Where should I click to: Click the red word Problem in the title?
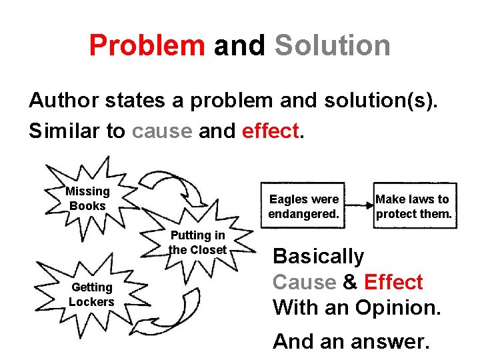(x=147, y=45)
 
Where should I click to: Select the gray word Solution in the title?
(x=332, y=45)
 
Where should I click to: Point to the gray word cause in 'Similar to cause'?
(x=161, y=131)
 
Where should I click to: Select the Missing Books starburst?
(x=87, y=199)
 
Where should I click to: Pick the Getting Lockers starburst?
(x=91, y=294)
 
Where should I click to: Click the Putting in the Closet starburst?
(x=198, y=243)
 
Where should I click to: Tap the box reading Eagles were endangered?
(x=303, y=206)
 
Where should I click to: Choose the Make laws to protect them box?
(x=413, y=206)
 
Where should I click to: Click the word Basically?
(x=318, y=256)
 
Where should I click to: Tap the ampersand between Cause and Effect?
(x=350, y=282)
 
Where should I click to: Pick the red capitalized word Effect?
(x=393, y=282)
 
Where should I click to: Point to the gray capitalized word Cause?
(x=304, y=282)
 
